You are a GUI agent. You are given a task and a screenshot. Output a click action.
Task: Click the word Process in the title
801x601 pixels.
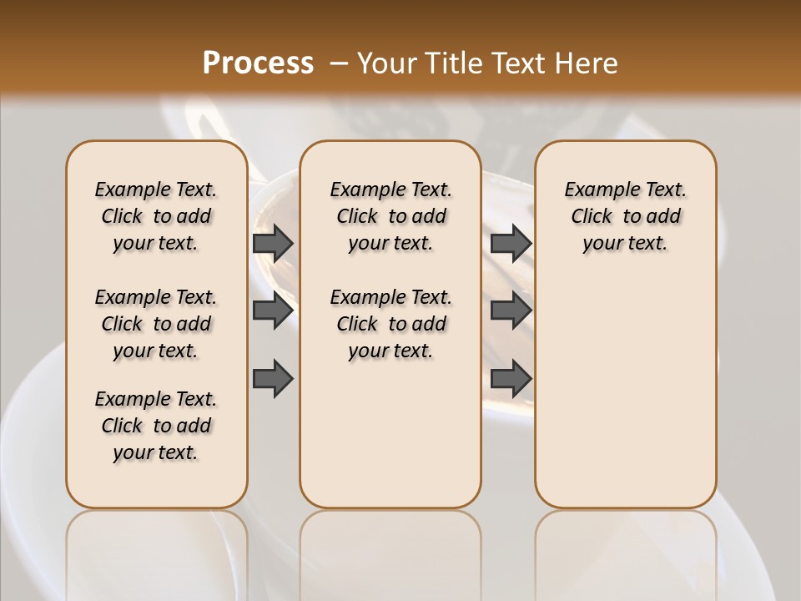pos(258,63)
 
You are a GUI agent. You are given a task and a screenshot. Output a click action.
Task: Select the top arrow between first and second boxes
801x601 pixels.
pos(273,243)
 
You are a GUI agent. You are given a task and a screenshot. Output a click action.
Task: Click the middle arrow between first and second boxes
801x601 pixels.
pos(273,311)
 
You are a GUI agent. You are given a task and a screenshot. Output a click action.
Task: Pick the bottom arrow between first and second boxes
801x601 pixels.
pos(273,378)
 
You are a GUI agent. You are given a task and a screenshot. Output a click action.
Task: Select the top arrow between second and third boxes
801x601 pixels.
pos(511,243)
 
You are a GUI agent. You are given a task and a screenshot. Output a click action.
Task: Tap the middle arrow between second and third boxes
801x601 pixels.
pos(511,311)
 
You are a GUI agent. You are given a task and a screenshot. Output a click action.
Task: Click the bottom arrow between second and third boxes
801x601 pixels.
pos(511,378)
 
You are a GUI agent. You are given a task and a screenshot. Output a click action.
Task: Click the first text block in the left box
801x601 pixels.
pos(156,216)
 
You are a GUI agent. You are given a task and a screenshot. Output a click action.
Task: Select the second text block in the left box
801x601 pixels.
pos(156,324)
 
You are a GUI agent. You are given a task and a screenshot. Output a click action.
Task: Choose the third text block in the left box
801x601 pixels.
pos(156,426)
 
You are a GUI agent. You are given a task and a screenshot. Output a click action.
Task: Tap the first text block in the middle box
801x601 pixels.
pos(390,216)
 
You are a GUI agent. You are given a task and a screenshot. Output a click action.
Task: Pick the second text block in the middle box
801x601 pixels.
pos(390,324)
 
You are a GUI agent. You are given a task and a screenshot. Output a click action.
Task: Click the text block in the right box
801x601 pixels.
pos(625,216)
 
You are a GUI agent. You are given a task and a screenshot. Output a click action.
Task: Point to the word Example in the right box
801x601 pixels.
pos(595,190)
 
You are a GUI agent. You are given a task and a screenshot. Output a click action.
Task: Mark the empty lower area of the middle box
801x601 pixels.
pos(390,434)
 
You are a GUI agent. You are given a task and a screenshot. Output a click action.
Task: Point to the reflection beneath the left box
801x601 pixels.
pos(157,551)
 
